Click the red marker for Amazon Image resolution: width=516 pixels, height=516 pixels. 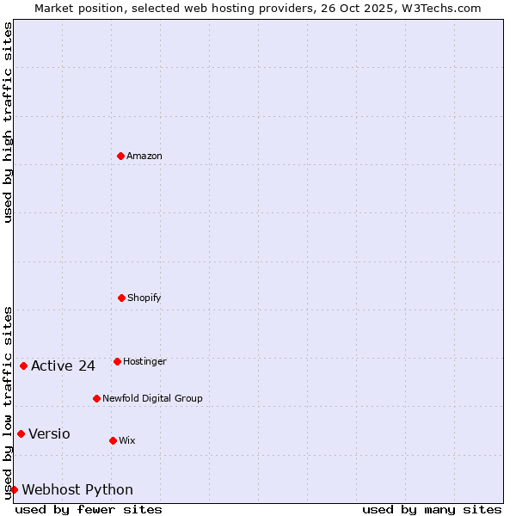[120, 156]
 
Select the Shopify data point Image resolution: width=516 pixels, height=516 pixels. [121, 298]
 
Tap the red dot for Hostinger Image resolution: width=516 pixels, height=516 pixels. [117, 361]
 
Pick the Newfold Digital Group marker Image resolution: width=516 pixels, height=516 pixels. [96, 398]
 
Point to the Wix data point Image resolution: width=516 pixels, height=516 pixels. [113, 440]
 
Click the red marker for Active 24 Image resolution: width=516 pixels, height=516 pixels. [23, 365]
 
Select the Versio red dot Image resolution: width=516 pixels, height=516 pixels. [21, 433]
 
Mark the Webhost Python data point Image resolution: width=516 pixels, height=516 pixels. [14, 489]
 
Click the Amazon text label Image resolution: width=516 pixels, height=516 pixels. [144, 156]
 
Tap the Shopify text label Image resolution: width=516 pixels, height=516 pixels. [144, 298]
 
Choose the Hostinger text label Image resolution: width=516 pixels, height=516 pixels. [144, 361]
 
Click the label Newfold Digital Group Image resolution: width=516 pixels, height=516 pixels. [152, 398]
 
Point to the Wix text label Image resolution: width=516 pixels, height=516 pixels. [127, 440]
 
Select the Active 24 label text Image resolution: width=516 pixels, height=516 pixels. [63, 366]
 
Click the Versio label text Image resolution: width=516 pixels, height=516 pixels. [49, 433]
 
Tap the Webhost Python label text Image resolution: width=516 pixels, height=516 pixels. [77, 490]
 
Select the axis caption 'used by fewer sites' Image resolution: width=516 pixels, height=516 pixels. [89, 509]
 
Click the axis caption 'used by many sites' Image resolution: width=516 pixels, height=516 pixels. [432, 509]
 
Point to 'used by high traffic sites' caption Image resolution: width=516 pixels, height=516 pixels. [8, 122]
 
